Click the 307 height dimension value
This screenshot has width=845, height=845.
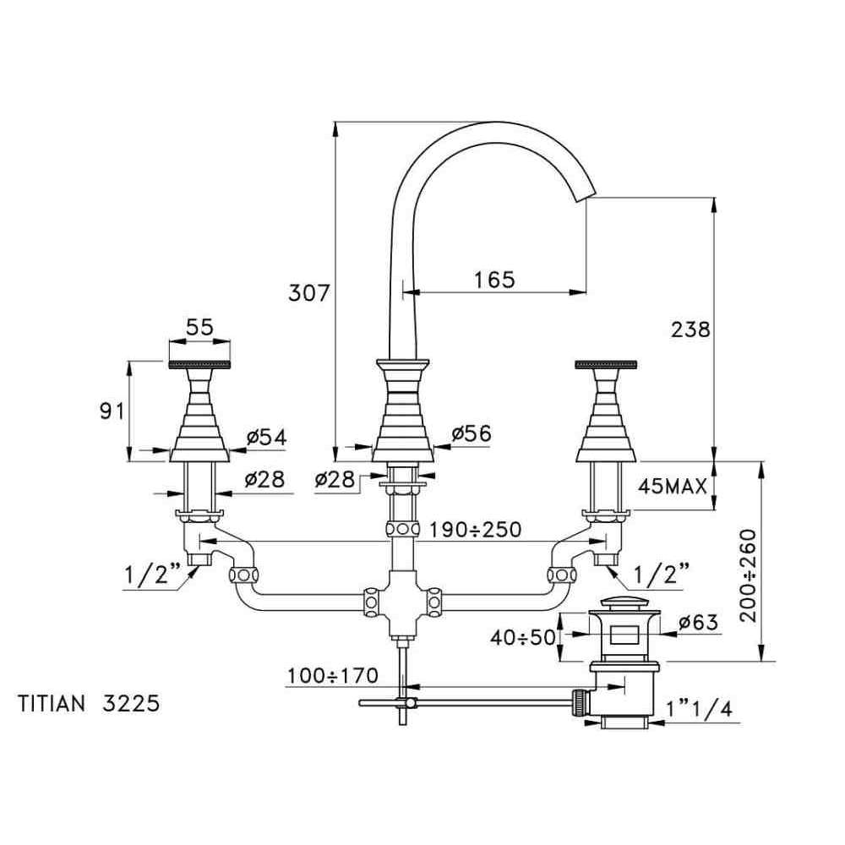tap(308, 293)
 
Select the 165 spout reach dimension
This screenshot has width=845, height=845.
tap(494, 279)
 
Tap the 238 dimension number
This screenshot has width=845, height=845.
tap(690, 330)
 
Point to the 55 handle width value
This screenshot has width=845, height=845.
tap(200, 326)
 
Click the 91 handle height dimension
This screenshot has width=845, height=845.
tap(112, 412)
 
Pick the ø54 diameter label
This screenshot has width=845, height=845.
tap(267, 437)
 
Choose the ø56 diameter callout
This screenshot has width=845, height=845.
tap(472, 433)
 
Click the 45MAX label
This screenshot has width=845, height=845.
tap(672, 487)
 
